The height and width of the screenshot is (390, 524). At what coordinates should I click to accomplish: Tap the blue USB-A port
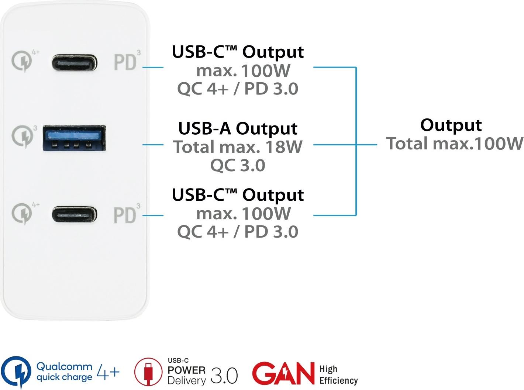(75, 138)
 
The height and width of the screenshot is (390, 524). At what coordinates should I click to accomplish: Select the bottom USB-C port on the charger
(74, 215)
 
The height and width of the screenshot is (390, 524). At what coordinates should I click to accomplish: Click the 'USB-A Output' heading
(238, 128)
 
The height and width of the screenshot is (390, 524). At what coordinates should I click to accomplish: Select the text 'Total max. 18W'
(238, 147)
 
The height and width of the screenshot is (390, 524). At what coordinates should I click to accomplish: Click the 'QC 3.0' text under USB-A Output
(238, 165)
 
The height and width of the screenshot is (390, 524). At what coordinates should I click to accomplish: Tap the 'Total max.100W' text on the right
(455, 144)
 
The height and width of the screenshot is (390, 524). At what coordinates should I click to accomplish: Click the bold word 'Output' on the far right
(451, 125)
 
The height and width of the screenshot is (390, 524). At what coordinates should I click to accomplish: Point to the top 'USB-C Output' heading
(238, 52)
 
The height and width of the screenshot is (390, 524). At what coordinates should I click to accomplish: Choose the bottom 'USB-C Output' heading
(238, 195)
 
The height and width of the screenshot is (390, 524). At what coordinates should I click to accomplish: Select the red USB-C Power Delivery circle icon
(148, 372)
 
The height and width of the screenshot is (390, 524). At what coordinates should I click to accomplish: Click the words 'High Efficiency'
(338, 375)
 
